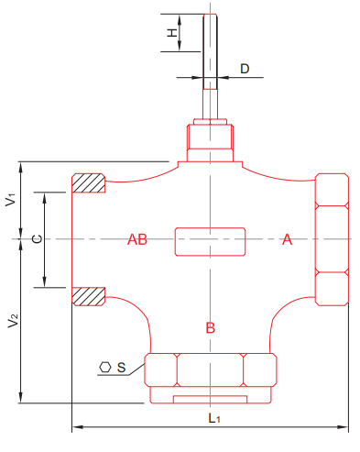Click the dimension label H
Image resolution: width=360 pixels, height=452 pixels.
pyautogui.click(x=172, y=33)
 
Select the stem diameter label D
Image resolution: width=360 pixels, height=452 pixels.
pyautogui.click(x=245, y=69)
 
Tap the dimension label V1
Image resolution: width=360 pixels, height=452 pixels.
pyautogui.click(x=11, y=200)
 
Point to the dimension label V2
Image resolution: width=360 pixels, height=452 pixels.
pyautogui.click(x=14, y=321)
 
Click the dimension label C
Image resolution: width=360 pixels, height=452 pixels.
pyautogui.click(x=38, y=238)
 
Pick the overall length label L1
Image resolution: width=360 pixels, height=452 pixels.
pyautogui.click(x=214, y=418)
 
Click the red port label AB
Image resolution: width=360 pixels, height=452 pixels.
pyautogui.click(x=137, y=239)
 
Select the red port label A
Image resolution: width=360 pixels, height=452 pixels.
pyautogui.click(x=287, y=239)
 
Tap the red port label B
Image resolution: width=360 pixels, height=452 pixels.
pyautogui.click(x=211, y=327)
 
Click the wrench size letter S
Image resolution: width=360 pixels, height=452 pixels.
pyautogui.click(x=121, y=367)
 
